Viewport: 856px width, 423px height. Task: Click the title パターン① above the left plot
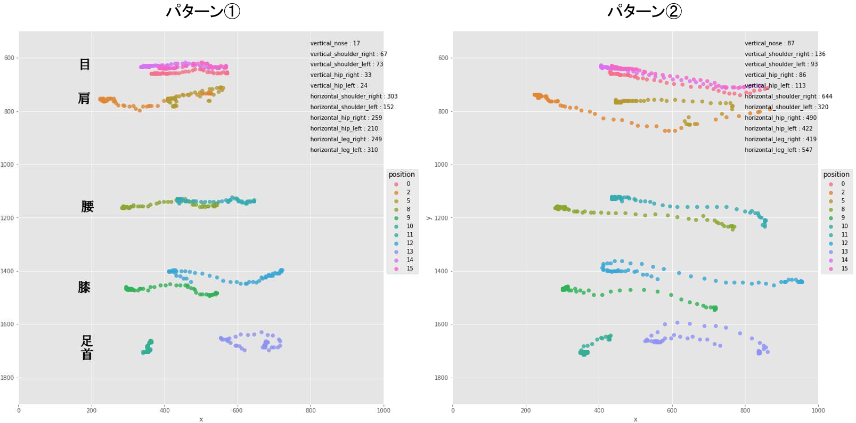(x=203, y=11)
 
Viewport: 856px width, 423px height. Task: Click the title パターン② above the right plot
(x=645, y=11)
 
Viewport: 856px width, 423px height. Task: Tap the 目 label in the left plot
(x=85, y=64)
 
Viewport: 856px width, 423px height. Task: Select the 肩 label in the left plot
(x=84, y=99)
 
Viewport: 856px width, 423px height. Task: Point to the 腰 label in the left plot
(x=87, y=207)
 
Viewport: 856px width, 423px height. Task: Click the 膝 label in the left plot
(x=84, y=288)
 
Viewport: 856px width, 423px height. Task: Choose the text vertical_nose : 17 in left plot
(x=335, y=43)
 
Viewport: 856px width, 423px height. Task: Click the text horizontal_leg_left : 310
(x=344, y=150)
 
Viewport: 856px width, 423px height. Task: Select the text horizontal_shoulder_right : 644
(x=788, y=96)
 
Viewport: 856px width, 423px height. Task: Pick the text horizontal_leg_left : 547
(x=778, y=150)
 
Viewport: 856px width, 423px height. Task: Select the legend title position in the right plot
(x=836, y=174)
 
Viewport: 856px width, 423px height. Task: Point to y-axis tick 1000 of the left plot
(x=7, y=165)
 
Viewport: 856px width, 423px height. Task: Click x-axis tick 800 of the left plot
(x=311, y=410)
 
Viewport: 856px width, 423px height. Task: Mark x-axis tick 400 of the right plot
(x=599, y=410)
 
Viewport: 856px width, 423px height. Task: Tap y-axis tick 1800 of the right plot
(x=441, y=378)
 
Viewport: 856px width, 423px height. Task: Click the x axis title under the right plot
(x=635, y=419)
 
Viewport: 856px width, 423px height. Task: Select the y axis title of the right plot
(x=428, y=218)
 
